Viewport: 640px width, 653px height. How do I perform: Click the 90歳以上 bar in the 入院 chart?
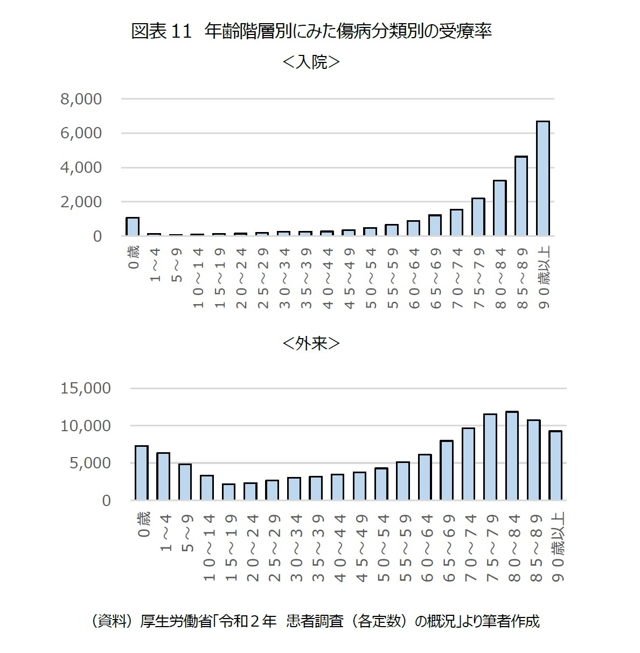click(542, 179)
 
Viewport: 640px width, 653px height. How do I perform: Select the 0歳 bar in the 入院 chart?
click(133, 227)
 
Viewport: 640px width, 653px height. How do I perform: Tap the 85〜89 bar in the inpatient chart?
click(521, 196)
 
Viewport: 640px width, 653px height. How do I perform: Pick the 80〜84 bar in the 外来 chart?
click(512, 456)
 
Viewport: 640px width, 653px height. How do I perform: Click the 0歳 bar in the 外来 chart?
click(142, 473)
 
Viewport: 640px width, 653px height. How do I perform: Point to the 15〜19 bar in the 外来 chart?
click(228, 492)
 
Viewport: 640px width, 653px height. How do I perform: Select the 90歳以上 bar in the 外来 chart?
click(555, 466)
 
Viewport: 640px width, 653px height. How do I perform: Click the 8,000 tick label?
click(81, 99)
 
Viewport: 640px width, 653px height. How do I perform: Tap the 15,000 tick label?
click(86, 388)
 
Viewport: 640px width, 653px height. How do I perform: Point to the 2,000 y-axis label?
click(81, 202)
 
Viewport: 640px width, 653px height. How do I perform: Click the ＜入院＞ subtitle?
click(311, 62)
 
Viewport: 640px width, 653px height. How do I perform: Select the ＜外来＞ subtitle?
click(311, 343)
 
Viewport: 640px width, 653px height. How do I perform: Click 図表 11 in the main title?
click(162, 32)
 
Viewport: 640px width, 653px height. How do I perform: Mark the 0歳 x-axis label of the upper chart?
click(134, 257)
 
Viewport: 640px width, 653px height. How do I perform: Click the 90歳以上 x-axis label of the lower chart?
click(558, 546)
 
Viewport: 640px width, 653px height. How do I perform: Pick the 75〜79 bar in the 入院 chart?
click(478, 217)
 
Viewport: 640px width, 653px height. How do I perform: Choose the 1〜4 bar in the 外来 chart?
click(163, 476)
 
